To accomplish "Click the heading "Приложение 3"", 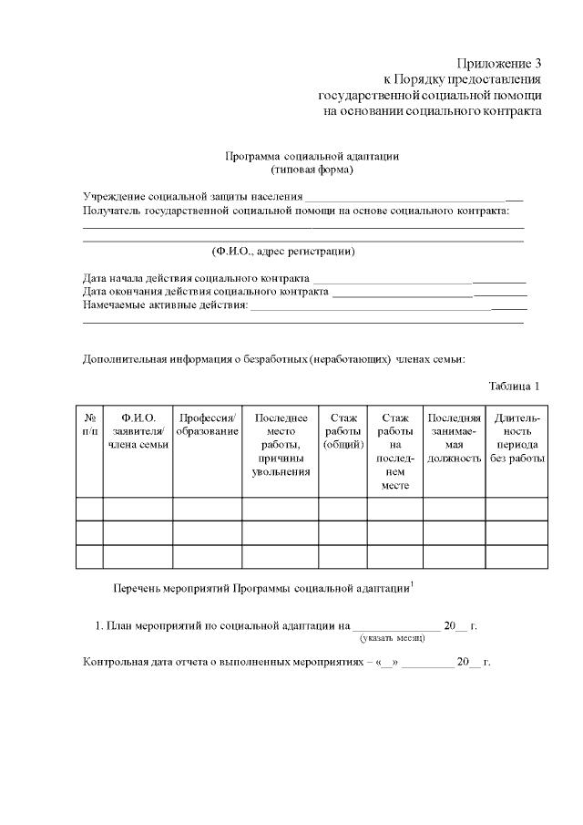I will click(x=499, y=64).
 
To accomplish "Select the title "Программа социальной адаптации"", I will click(x=312, y=156).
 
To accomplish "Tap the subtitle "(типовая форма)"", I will click(x=312, y=170).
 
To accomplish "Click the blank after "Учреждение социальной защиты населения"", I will click(x=413, y=196).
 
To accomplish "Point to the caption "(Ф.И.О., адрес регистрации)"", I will click(x=283, y=251).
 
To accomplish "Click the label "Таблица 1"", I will click(x=515, y=385).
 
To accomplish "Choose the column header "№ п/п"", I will click(x=89, y=425).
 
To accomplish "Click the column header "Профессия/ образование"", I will click(x=208, y=425).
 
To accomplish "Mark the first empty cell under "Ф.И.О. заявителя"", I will click(x=138, y=509).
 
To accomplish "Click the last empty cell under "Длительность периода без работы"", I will click(x=517, y=556).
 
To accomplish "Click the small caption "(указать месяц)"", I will click(x=394, y=639).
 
